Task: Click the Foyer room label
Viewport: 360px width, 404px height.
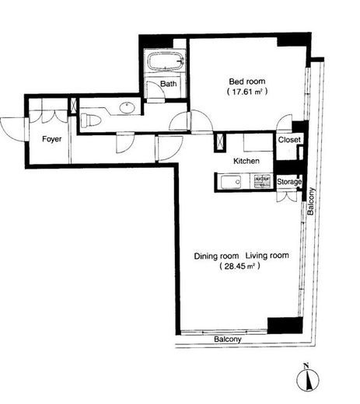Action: pos(52,139)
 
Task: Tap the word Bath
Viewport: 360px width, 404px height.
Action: pos(169,84)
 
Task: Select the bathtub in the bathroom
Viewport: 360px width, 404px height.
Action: pos(166,61)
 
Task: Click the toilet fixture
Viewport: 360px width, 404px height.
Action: pos(90,120)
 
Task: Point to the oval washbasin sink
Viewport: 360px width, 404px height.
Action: pos(127,107)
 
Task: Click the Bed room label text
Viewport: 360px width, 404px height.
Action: pos(247,82)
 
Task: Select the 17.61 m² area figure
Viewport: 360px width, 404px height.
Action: pos(247,92)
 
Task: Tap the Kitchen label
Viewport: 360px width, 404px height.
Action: pos(246,161)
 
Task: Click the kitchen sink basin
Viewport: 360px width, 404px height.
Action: pos(231,182)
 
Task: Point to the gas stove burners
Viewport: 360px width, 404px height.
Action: pos(262,181)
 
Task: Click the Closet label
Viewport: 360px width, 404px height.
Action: pos(289,140)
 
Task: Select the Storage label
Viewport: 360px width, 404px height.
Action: pos(289,182)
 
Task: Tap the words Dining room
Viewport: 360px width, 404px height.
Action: pos(216,256)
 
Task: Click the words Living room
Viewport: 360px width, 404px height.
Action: pos(267,256)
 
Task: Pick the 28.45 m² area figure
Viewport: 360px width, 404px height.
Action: pos(239,266)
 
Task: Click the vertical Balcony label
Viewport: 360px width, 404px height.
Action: pos(311,201)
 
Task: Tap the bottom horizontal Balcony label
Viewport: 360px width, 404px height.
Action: pos(228,340)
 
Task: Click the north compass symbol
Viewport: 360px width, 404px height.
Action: pos(308,379)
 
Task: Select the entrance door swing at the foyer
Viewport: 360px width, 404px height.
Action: pos(13,130)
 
